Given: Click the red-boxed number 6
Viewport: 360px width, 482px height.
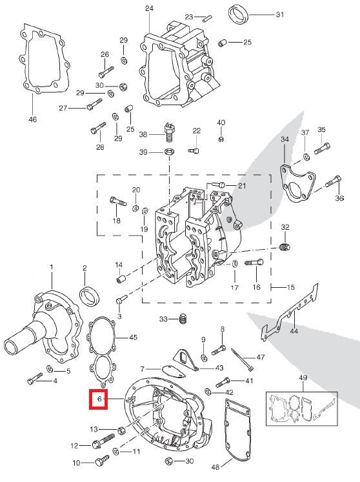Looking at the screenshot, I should coord(99,400).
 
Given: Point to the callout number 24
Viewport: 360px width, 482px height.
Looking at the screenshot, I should coord(150,8).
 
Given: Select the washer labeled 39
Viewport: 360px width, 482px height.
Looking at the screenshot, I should coord(169,152).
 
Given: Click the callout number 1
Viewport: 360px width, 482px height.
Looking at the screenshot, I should coord(52,266).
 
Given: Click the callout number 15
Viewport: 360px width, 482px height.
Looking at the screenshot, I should coord(291,286).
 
